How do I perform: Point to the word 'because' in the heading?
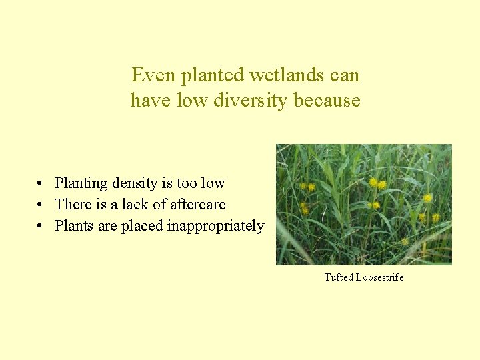coord(327,101)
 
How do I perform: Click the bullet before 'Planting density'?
coord(41,183)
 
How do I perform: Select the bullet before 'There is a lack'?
coord(41,205)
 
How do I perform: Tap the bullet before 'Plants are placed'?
coord(41,226)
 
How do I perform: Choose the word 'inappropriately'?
coord(215,226)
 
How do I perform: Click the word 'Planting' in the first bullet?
coord(81,183)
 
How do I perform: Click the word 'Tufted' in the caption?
coord(339,277)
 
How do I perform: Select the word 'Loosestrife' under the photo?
coord(380,277)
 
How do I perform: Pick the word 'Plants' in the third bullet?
coord(75,226)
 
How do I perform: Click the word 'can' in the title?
coord(345,75)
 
